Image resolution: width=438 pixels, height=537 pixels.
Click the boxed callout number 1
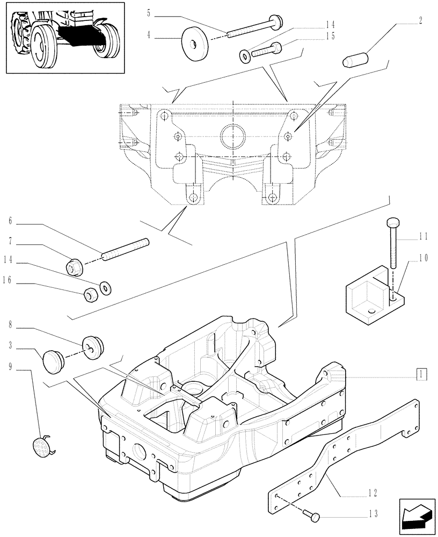422,374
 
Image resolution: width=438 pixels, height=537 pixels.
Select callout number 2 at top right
420,21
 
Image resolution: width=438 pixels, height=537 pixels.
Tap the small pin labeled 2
353,61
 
